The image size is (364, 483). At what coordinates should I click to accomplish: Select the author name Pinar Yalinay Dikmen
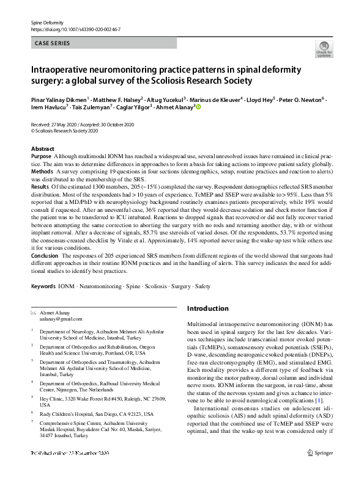[59, 99]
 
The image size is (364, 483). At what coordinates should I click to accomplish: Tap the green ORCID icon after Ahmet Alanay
[198, 107]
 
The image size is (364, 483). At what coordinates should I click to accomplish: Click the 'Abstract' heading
[42, 149]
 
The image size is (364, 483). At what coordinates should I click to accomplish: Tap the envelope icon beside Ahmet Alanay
[33, 312]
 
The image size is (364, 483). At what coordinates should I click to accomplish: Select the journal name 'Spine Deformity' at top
[48, 22]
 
